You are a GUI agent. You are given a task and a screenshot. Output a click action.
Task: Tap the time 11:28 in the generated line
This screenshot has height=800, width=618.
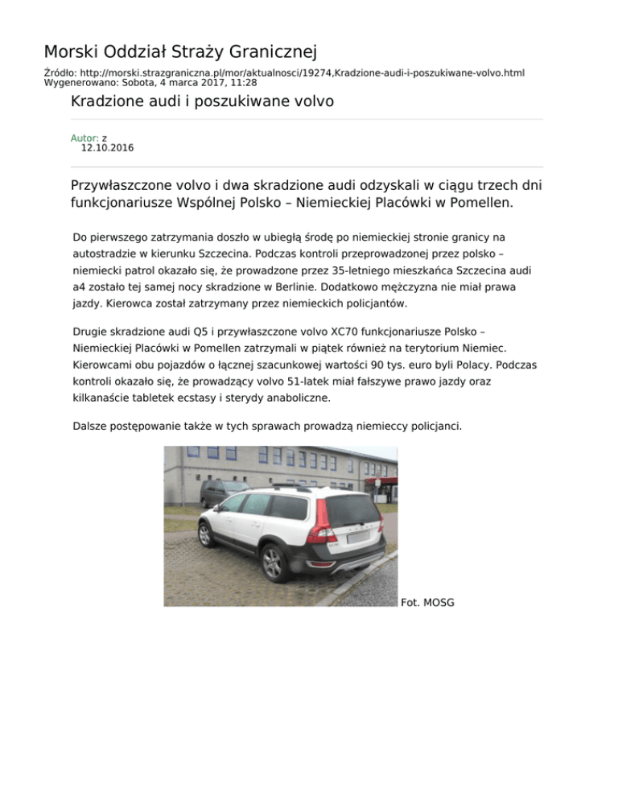tap(243, 83)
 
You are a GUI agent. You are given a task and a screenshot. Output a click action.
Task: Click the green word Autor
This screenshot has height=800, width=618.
tap(84, 138)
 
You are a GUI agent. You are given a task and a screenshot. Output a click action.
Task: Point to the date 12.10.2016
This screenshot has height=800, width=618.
tap(108, 148)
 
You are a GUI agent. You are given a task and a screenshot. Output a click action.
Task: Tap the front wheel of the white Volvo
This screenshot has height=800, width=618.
tap(205, 534)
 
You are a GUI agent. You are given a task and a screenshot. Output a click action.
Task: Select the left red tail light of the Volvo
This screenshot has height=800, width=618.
tap(322, 524)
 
